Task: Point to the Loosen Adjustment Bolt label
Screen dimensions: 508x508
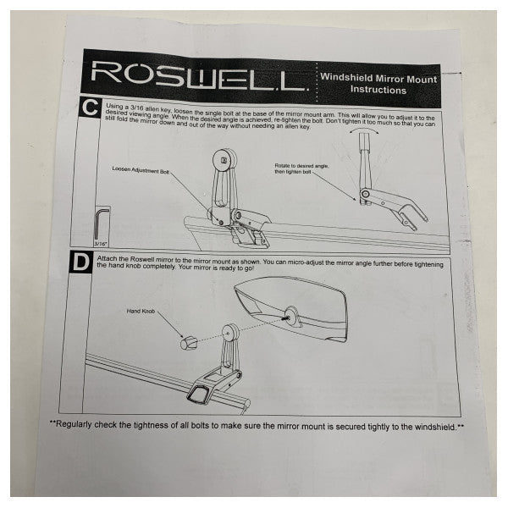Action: (141, 169)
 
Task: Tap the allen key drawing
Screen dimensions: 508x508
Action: (101, 222)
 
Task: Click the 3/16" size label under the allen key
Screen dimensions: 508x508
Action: (103, 242)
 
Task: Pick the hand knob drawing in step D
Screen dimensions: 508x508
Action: (188, 343)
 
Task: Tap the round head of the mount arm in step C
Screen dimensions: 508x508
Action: (224, 158)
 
